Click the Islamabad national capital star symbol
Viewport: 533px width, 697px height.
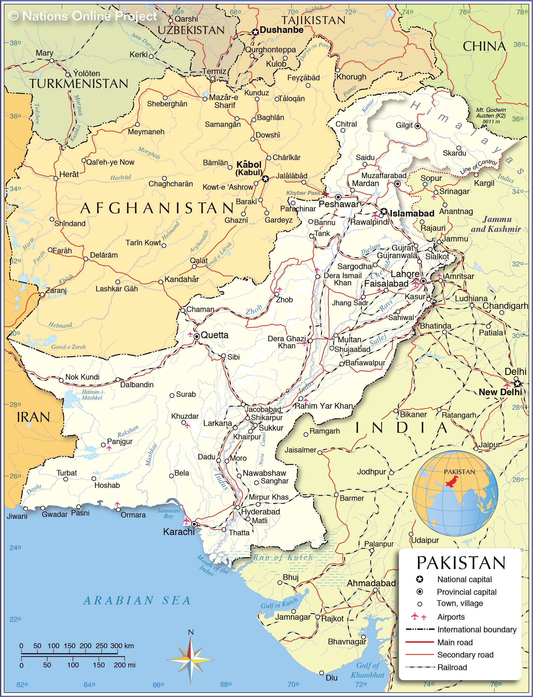(384, 211)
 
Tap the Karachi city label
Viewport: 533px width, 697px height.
(178, 532)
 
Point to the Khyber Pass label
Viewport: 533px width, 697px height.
(303, 193)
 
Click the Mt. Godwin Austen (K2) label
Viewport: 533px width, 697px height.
(491, 115)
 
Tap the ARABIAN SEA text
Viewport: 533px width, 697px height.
(137, 601)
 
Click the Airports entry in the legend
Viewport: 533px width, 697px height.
(450, 617)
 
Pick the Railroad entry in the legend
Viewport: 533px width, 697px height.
(452, 667)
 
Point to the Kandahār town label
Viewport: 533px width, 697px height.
(182, 279)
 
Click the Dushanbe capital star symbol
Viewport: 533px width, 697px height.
(256, 32)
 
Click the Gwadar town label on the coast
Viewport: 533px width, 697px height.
(55, 514)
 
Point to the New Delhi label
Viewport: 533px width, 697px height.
(500, 392)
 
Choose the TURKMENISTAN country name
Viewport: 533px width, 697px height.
(79, 84)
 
